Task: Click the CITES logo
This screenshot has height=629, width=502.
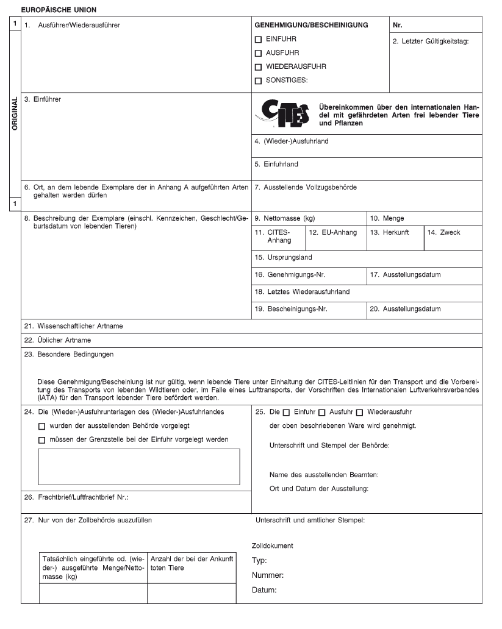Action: click(x=284, y=115)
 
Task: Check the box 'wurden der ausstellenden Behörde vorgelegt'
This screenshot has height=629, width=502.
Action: click(x=41, y=425)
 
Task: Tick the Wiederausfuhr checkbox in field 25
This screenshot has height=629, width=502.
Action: click(x=359, y=411)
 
